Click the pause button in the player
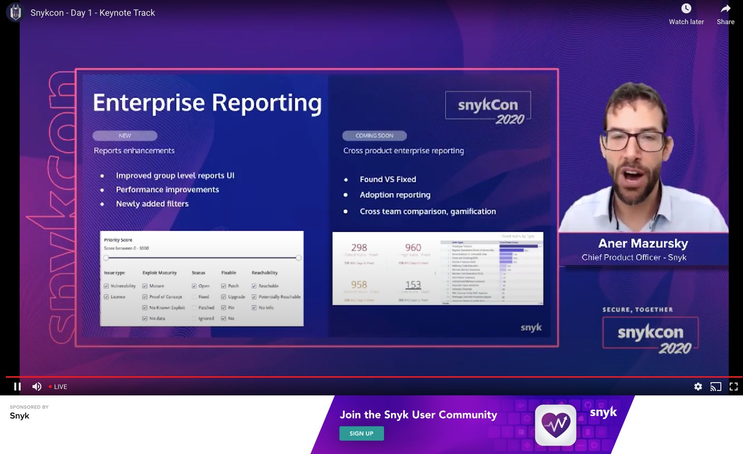(x=17, y=387)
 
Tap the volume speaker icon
(x=36, y=387)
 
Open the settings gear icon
(x=698, y=387)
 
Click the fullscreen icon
(x=733, y=387)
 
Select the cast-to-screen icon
(x=715, y=387)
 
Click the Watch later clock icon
(x=686, y=9)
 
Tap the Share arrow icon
(x=725, y=9)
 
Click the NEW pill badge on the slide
(x=125, y=136)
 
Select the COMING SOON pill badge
(x=374, y=136)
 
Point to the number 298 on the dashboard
(x=359, y=248)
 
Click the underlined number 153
(x=413, y=285)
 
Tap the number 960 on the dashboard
(x=413, y=248)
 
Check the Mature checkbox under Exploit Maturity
(x=145, y=286)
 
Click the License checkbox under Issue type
(x=106, y=297)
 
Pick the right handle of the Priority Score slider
(x=298, y=258)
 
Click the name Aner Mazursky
(x=643, y=244)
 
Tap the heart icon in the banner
(x=555, y=424)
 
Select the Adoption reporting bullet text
(x=395, y=195)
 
